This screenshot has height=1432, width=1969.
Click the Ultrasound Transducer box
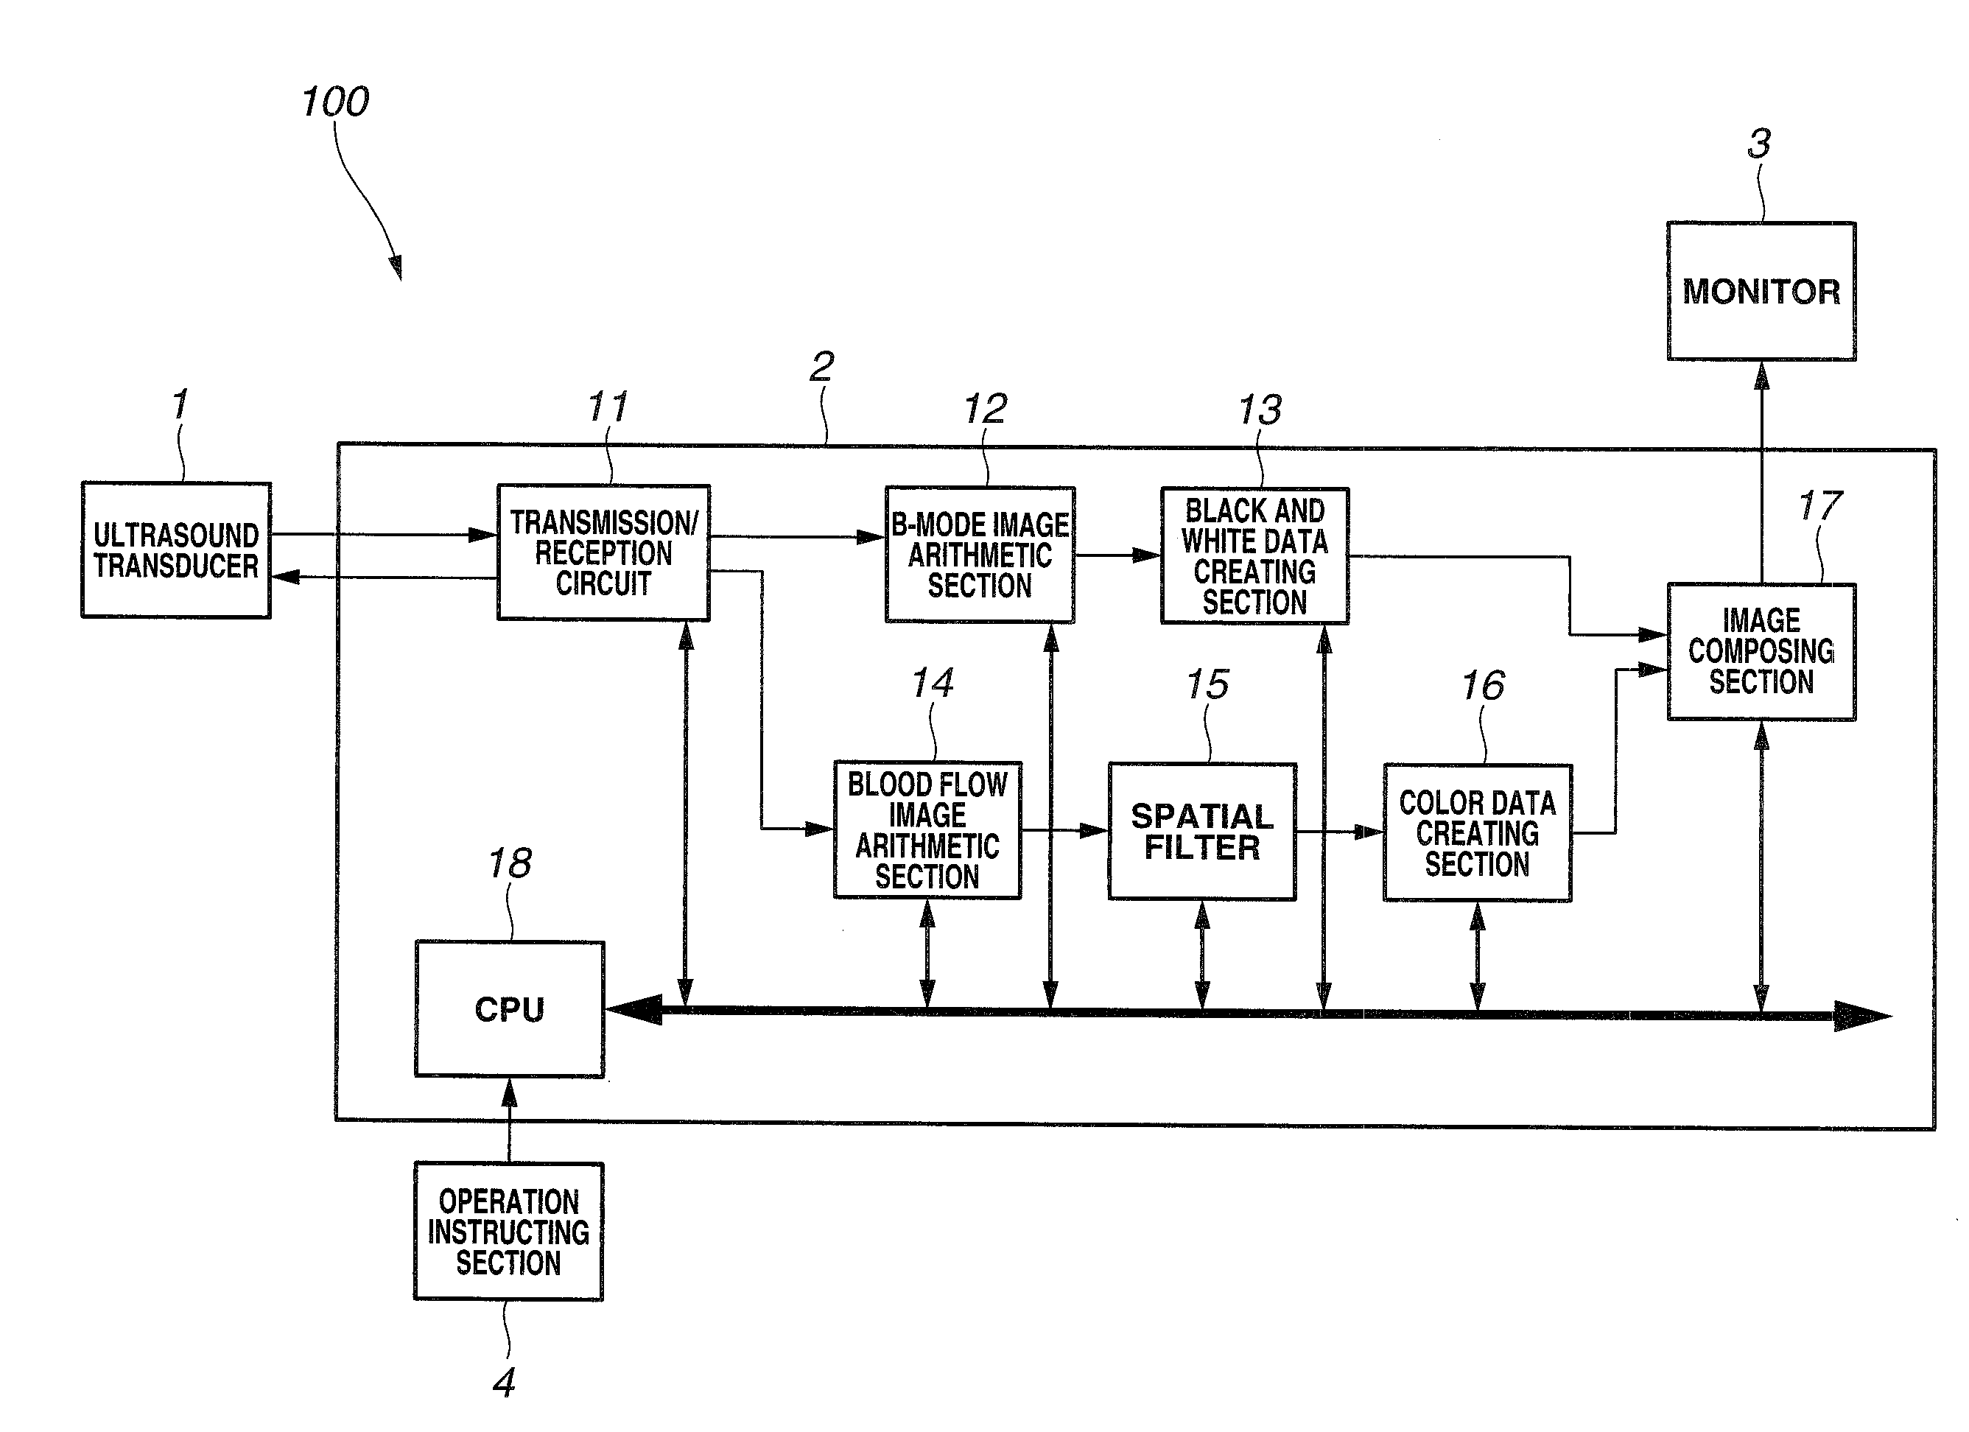(x=176, y=550)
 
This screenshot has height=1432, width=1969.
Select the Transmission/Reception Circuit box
(x=603, y=552)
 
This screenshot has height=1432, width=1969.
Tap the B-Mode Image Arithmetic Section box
(x=980, y=554)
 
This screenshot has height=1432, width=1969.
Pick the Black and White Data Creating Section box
(x=1255, y=555)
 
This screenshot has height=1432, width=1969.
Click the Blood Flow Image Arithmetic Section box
(x=927, y=830)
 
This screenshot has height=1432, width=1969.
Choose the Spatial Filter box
(x=1202, y=832)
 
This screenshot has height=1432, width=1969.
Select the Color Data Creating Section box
(x=1478, y=833)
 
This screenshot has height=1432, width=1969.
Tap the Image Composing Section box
(x=1761, y=651)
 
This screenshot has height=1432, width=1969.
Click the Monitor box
(x=1761, y=291)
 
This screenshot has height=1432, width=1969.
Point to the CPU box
(x=510, y=1009)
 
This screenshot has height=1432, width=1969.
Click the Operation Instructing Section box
(x=509, y=1232)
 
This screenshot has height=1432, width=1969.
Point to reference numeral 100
(x=335, y=102)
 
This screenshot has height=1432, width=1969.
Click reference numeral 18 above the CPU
(x=510, y=863)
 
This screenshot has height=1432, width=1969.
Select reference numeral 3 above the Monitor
(x=1759, y=144)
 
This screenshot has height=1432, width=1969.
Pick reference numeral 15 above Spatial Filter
(x=1207, y=684)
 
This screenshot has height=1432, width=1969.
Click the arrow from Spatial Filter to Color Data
(x=1340, y=832)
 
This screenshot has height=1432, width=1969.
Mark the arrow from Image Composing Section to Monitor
(x=1761, y=471)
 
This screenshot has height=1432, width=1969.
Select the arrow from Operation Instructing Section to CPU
(x=510, y=1120)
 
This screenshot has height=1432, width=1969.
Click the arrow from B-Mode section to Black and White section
(x=1118, y=554)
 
